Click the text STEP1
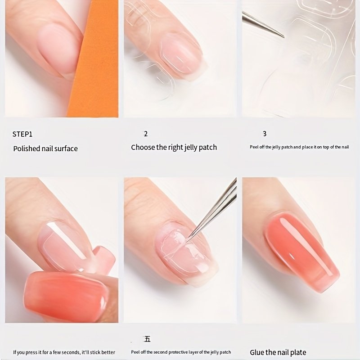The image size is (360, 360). pos(22,134)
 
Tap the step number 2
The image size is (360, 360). pos(145,134)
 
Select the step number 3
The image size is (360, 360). pos(265,134)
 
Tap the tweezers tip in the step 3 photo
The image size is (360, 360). pos(283,37)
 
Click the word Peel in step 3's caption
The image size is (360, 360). pos(254,147)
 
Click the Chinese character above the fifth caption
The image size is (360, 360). pos(148,339)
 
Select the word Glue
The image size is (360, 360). pos(256,352)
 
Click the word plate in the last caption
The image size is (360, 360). pos(298,352)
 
